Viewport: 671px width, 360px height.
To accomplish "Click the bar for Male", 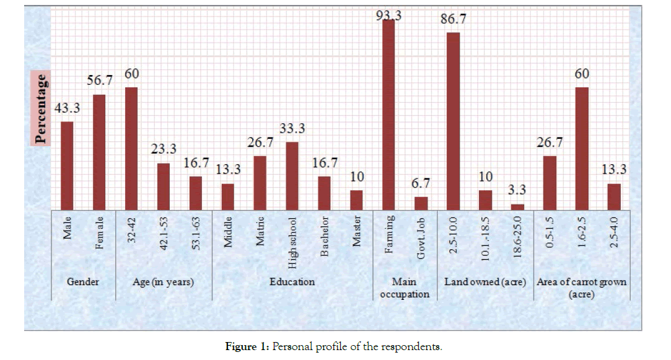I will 67,166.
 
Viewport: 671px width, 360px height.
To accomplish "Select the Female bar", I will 99,152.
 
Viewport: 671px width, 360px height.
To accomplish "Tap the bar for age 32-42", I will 131,149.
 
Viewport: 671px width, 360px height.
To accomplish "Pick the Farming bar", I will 388,115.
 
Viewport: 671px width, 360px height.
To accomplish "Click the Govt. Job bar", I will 421,204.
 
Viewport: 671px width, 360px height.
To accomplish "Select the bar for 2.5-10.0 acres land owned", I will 453,121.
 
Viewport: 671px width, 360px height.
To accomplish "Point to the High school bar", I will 292,177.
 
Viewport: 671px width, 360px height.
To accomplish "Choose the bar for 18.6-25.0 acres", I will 517,208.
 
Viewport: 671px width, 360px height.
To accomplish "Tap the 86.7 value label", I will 454,19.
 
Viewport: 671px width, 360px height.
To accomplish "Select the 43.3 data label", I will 68,108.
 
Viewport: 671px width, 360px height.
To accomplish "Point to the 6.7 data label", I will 421,184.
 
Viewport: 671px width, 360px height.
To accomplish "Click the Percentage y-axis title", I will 41,109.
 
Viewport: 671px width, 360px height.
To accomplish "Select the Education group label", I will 292,282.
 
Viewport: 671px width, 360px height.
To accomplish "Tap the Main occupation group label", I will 405,288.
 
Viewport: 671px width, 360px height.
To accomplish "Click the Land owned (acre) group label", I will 485,282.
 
